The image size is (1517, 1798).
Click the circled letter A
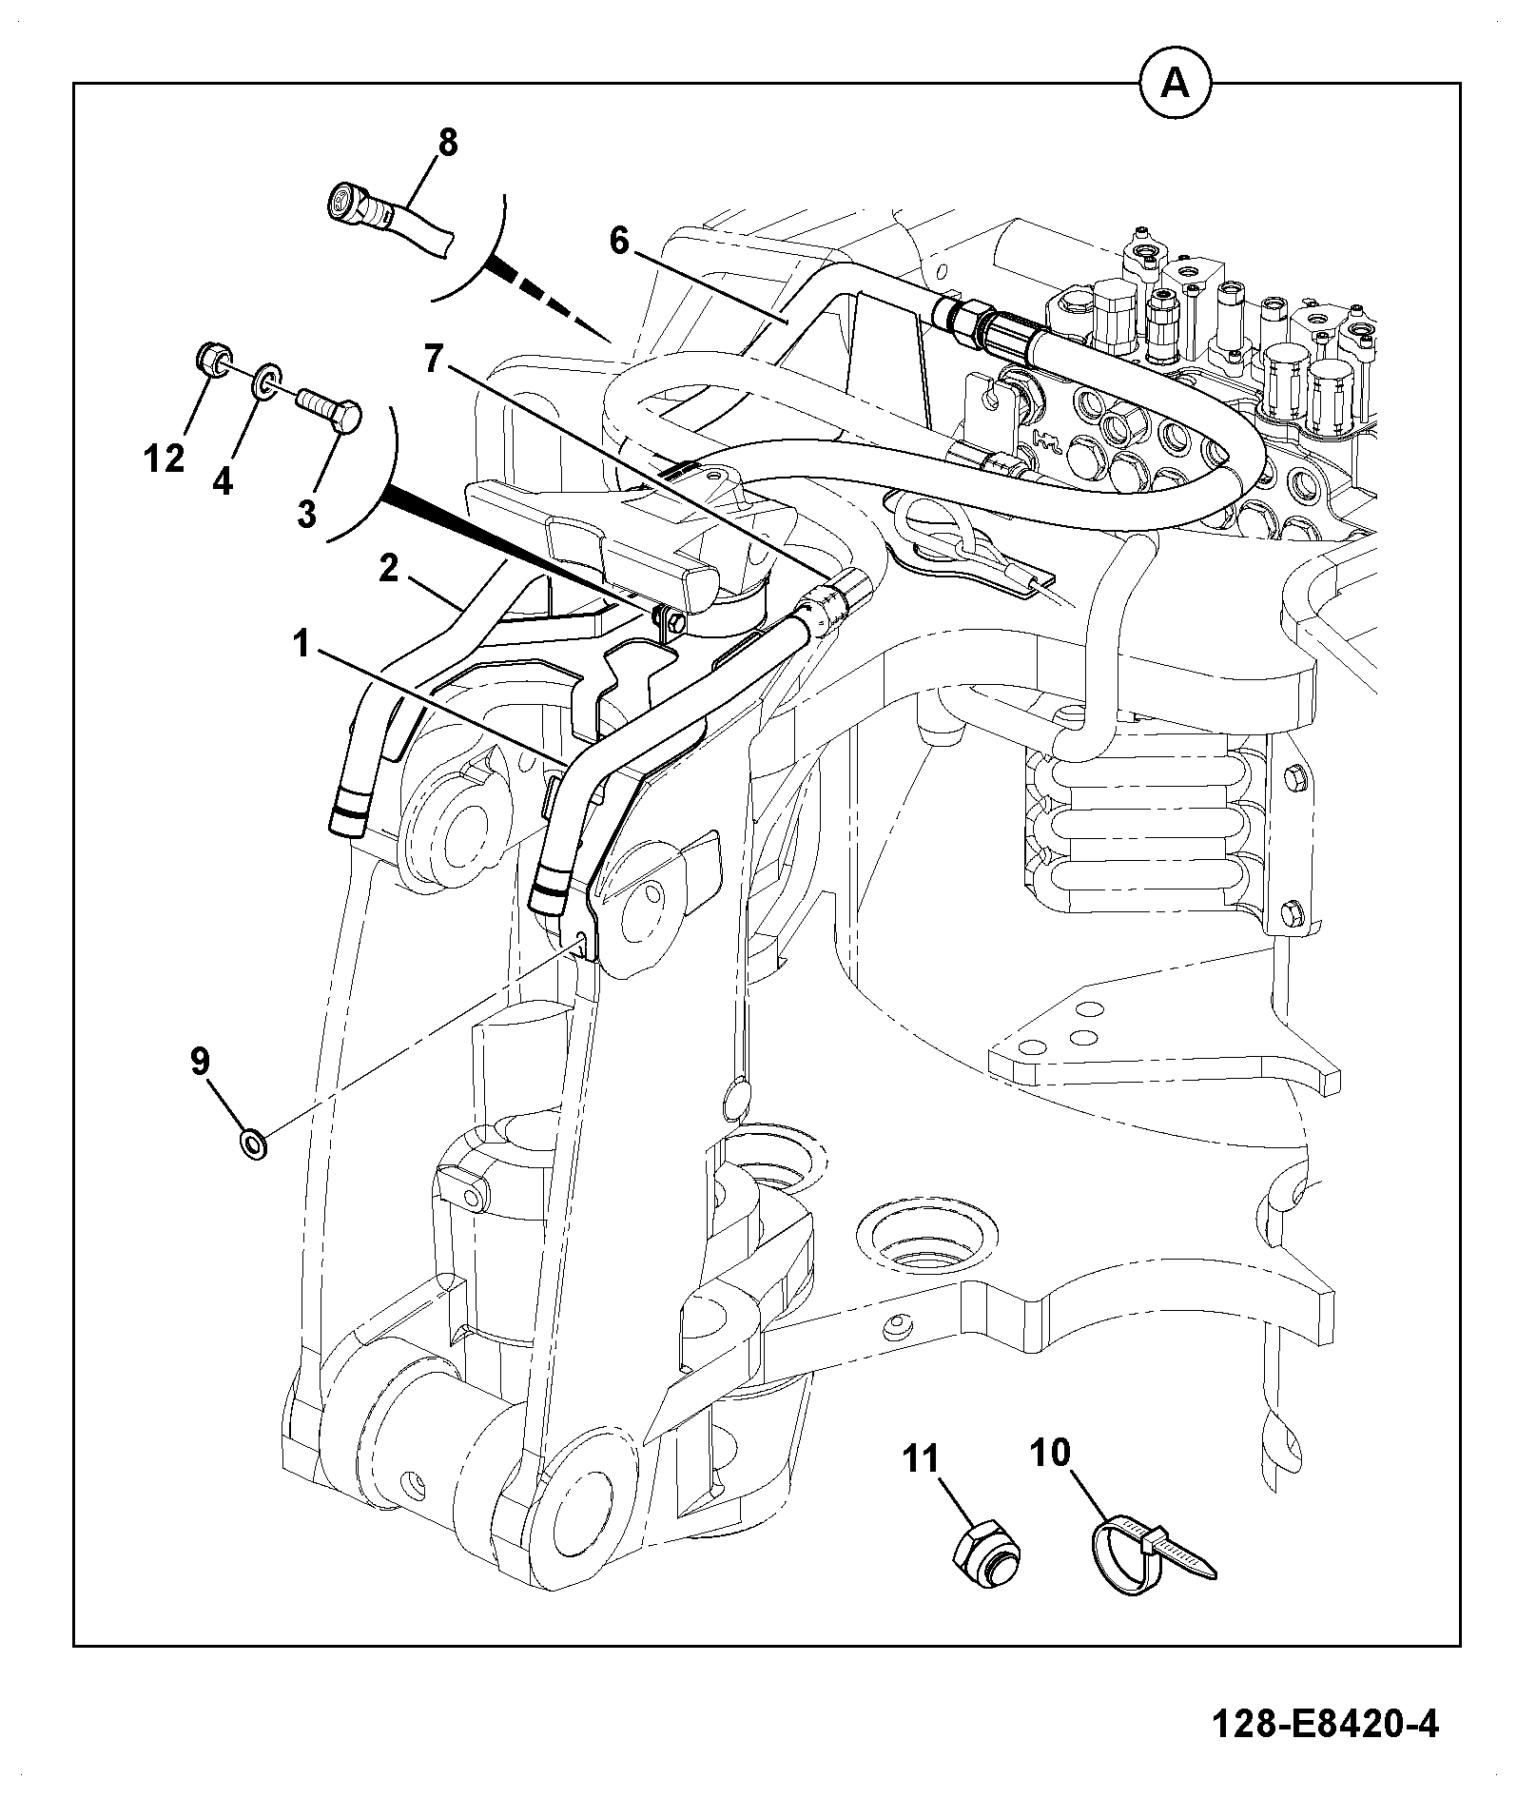click(1176, 85)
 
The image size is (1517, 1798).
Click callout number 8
click(447, 143)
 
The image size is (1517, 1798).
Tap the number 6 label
click(619, 242)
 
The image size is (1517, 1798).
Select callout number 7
click(434, 360)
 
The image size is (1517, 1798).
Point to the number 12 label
click(164, 459)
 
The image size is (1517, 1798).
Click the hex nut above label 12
click(210, 360)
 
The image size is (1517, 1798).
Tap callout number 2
click(388, 569)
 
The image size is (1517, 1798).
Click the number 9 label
click(200, 1062)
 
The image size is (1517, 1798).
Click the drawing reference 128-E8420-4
click(1325, 1724)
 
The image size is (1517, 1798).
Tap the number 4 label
click(222, 482)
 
